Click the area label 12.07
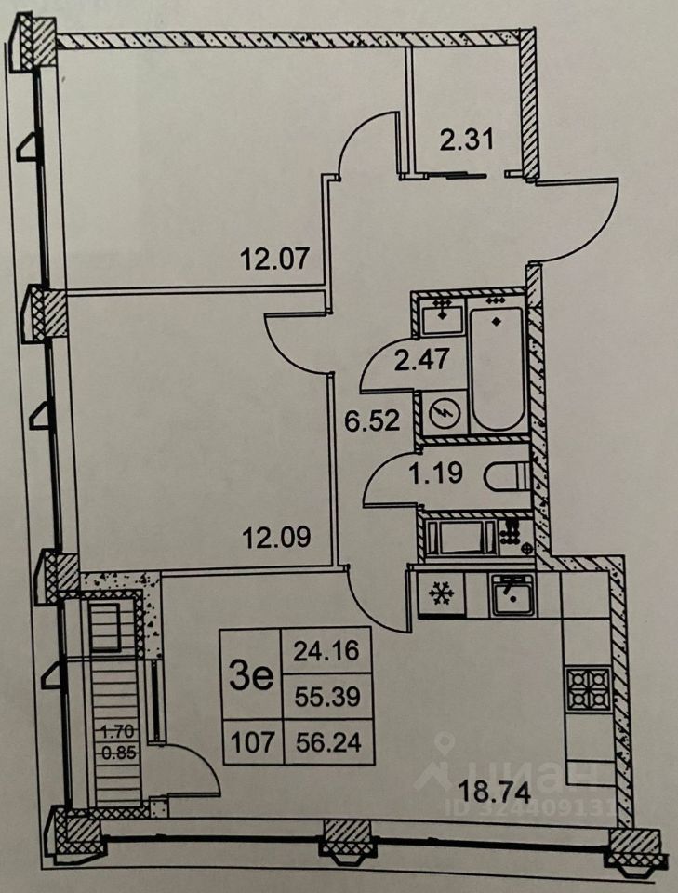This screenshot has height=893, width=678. coord(274,258)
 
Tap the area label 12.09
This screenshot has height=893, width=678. coord(276,538)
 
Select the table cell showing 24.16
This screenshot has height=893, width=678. coord(319,650)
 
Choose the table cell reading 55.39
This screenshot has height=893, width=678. coord(319,693)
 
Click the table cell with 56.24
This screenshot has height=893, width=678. coord(319,741)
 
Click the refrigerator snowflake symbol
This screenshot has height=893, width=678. coord(437,593)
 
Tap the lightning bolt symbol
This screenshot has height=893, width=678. coord(444,412)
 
